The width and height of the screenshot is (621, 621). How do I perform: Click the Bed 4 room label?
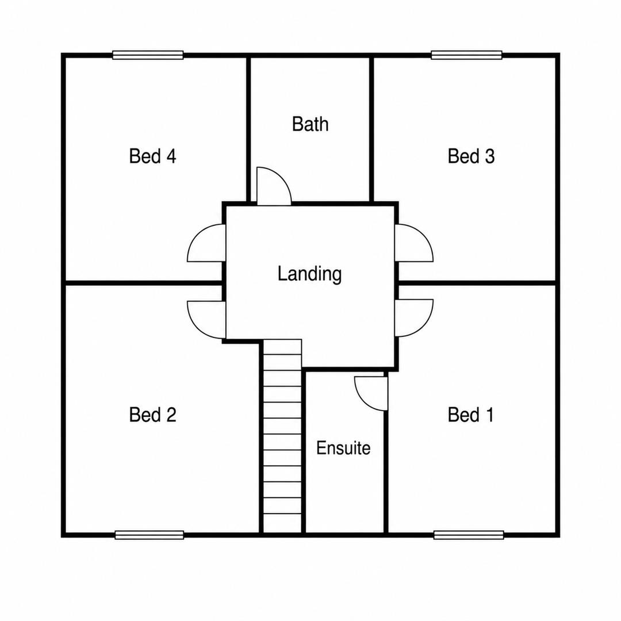click(152, 156)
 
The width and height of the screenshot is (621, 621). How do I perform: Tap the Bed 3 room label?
click(471, 156)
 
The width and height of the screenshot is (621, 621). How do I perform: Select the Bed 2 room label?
click(152, 415)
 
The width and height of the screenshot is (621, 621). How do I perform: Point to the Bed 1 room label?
click(471, 415)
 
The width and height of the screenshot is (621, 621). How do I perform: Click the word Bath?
click(310, 124)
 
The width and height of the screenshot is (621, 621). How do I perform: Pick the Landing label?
click(309, 274)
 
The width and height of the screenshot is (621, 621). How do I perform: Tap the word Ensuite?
click(343, 448)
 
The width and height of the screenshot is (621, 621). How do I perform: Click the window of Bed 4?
click(148, 55)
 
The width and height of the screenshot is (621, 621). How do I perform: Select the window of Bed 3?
click(466, 55)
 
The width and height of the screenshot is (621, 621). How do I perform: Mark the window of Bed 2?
click(149, 535)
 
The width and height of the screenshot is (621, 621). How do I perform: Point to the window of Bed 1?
click(469, 535)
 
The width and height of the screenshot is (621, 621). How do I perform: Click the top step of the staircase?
click(282, 347)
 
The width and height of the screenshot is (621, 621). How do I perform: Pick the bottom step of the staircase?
click(282, 523)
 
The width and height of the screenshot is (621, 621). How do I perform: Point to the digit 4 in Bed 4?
click(171, 156)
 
